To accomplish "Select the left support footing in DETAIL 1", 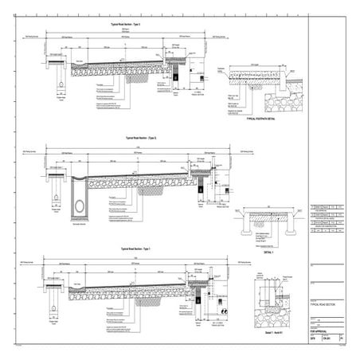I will [x=242, y=225].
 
